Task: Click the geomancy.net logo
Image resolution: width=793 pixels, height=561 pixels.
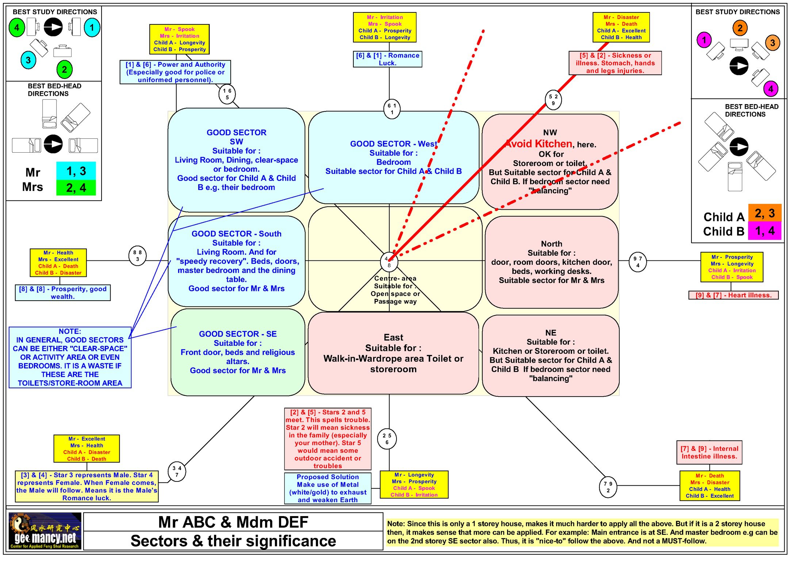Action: click(45, 530)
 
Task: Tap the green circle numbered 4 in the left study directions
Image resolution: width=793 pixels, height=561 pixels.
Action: click(17, 28)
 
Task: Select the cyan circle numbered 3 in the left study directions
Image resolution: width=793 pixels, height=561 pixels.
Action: click(28, 60)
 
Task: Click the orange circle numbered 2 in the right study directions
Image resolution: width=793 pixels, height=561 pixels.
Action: click(740, 28)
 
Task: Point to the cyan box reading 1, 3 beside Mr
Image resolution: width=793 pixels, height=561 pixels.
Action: click(76, 171)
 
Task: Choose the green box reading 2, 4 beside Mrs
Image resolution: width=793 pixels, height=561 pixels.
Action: click(76, 188)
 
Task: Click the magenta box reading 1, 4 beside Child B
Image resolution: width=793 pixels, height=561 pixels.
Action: click(765, 231)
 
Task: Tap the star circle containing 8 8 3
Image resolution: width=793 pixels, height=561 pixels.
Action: click(137, 255)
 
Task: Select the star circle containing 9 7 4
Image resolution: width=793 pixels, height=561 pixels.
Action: click(637, 262)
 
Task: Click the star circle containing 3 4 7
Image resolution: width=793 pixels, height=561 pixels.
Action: click(177, 471)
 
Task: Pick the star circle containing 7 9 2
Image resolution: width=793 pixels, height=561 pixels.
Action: click(608, 487)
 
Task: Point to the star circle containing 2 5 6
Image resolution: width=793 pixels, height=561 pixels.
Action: click(387, 439)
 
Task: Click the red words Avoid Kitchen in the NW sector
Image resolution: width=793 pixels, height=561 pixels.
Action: click(539, 144)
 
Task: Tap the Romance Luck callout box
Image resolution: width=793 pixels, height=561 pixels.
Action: click(387, 59)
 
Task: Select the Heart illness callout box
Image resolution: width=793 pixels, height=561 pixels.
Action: click(733, 295)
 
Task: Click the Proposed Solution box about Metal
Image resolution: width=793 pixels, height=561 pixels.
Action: click(327, 488)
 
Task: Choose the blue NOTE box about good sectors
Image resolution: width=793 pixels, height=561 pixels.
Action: click(70, 357)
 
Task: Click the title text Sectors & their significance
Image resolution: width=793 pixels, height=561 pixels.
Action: click(233, 541)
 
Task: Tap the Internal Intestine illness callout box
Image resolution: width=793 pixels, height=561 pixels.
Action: click(709, 453)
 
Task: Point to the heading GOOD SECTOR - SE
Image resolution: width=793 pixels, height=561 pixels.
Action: click(238, 334)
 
